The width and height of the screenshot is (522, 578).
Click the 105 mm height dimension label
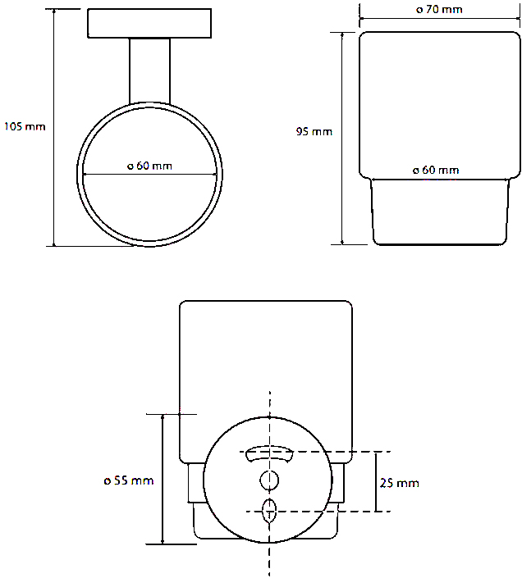(25, 126)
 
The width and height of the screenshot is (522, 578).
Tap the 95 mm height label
(314, 132)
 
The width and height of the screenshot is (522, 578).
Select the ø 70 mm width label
(439, 9)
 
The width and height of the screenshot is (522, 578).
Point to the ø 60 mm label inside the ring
(149, 166)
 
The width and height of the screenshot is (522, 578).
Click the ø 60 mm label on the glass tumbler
(436, 170)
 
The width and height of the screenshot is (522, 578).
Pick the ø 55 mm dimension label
(129, 480)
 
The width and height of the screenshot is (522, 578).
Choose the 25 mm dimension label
(400, 483)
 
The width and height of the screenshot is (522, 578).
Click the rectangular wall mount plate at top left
(149, 24)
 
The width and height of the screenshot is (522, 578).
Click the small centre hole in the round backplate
(269, 480)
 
